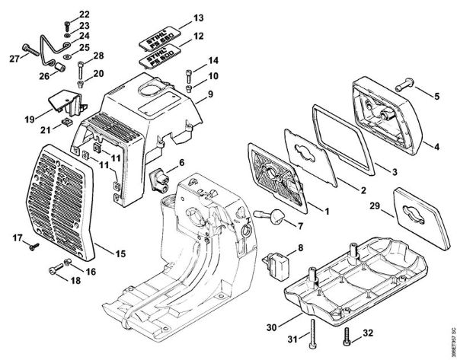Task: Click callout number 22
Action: (84, 14)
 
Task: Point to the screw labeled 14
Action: (190, 75)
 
